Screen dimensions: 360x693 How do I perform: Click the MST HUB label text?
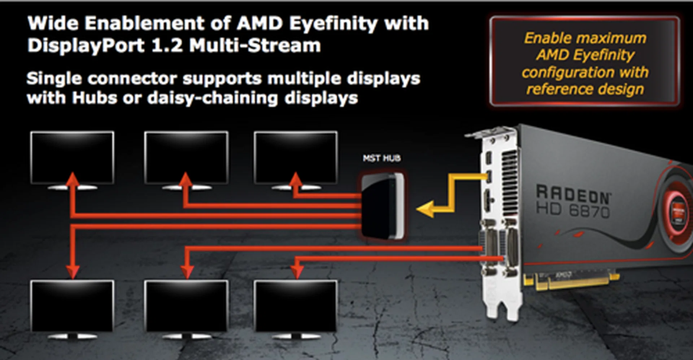pos(382,158)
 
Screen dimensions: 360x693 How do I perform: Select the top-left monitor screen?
pos(72,157)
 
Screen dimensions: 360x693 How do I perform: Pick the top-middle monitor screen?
pos(186,157)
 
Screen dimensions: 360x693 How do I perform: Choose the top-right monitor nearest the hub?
pos(296,157)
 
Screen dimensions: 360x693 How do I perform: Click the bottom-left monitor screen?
pos(72,306)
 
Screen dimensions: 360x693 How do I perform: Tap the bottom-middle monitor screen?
pos(186,306)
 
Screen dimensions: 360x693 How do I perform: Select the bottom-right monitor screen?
pos(296,306)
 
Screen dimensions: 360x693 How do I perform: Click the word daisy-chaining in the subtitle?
pos(213,98)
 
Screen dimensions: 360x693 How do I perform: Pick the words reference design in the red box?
pos(585,89)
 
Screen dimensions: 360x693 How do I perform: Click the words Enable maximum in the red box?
pos(585,38)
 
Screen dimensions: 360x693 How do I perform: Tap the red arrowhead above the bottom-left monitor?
pos(73,271)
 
